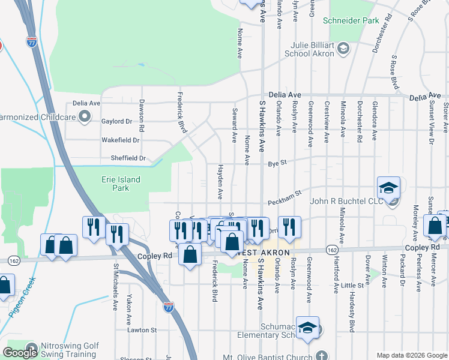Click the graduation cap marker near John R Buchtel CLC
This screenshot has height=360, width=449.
388,187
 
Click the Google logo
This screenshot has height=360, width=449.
20,353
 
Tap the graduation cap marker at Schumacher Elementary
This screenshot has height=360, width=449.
307,328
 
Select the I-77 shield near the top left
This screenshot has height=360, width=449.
32,42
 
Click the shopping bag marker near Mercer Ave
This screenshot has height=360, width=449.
435,226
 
